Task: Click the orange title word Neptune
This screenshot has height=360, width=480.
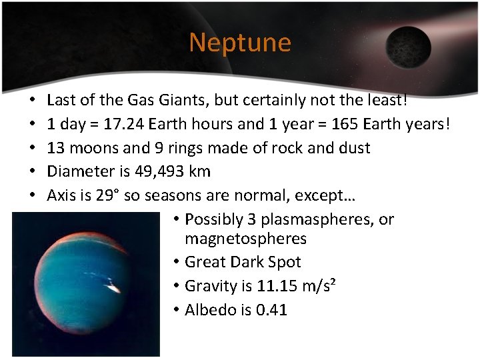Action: pos(240,43)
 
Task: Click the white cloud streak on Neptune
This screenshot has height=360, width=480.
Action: pos(113,289)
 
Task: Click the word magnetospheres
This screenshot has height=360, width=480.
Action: pos(245,239)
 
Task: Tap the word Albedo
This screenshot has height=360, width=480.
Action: pos(209,310)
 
